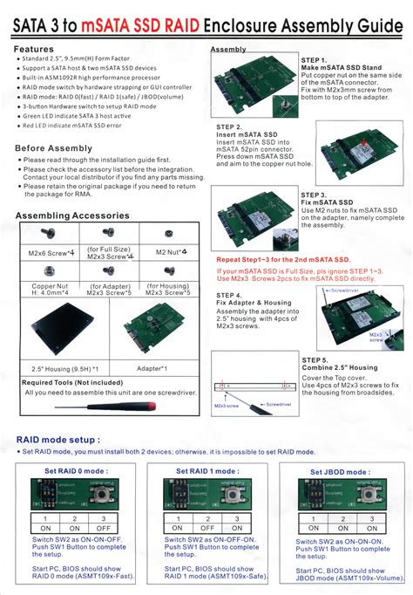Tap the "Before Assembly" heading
click(x=53, y=148)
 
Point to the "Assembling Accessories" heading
click(x=72, y=215)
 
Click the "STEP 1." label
click(x=314, y=59)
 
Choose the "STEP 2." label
click(x=229, y=127)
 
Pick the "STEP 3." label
click(x=314, y=195)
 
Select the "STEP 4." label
click(x=229, y=296)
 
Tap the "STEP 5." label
click(x=315, y=359)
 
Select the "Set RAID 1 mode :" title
click(x=207, y=471)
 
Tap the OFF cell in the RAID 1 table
click(x=206, y=528)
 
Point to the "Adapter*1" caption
click(x=152, y=369)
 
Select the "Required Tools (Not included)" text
click(x=71, y=382)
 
